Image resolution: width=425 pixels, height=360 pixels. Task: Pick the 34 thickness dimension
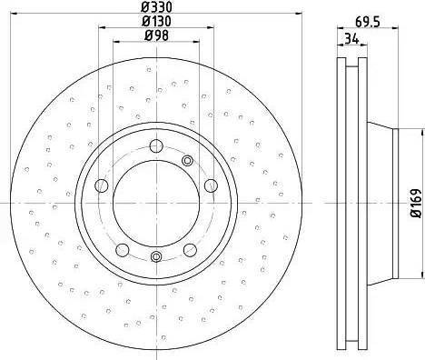pyautogui.click(x=351, y=39)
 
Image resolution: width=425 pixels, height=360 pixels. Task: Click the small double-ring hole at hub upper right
pyautogui.click(x=187, y=161)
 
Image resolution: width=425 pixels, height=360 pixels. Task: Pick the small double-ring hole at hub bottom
pyautogui.click(x=155, y=256)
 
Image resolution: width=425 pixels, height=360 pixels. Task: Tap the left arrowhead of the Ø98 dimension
pyautogui.click(x=114, y=42)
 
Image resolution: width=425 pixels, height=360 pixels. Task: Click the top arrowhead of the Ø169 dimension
pyautogui.click(x=405, y=129)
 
